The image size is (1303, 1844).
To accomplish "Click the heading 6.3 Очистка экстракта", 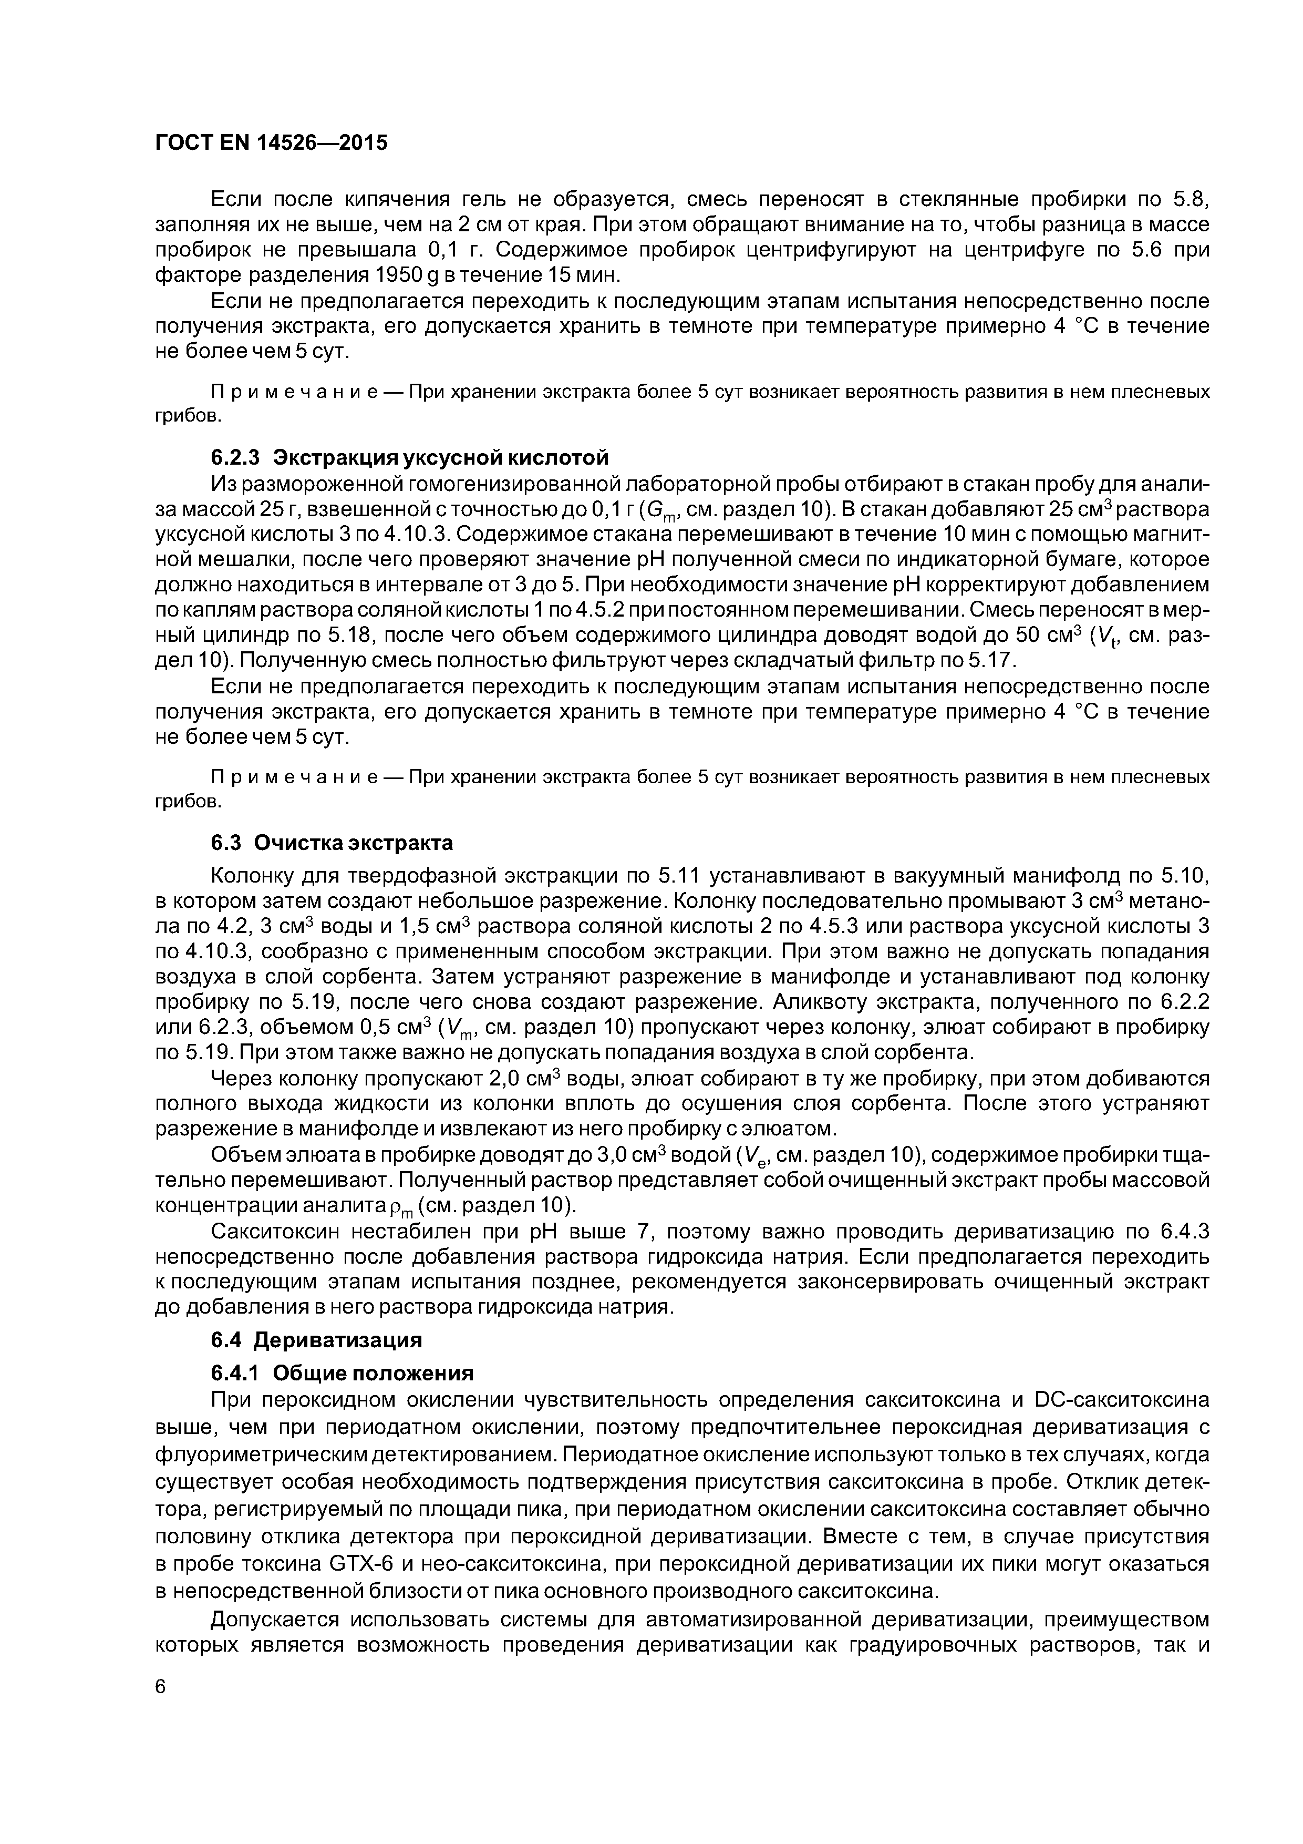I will tap(332, 843).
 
